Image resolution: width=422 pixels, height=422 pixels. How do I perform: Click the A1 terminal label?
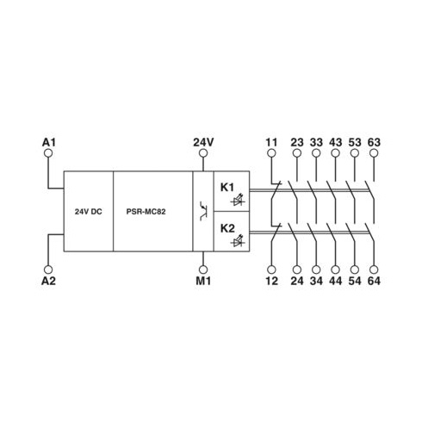(48, 142)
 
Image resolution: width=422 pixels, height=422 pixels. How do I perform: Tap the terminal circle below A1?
(48, 153)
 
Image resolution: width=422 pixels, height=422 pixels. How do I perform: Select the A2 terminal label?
(48, 281)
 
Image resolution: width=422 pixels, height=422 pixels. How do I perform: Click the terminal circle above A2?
(48, 270)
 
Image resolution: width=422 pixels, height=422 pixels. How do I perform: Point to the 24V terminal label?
(203, 142)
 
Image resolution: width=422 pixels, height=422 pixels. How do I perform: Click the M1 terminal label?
(203, 281)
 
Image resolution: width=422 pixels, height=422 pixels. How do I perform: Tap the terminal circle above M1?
(203, 270)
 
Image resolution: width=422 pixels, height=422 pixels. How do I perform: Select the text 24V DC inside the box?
(89, 212)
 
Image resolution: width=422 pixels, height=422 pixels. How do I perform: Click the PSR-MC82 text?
(146, 212)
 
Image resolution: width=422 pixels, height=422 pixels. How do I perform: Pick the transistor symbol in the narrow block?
(203, 211)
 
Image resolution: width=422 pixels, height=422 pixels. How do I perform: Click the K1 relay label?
(227, 188)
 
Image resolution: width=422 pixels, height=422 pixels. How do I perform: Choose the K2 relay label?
(227, 228)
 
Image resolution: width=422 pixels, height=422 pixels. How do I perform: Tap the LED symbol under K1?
(238, 201)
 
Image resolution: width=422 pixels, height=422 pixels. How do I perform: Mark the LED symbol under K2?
(238, 242)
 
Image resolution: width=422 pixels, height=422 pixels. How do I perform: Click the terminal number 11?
(271, 142)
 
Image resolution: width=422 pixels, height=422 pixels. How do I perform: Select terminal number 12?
(271, 281)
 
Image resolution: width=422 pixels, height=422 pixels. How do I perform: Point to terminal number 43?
(335, 142)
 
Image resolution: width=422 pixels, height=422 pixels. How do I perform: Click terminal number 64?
(374, 281)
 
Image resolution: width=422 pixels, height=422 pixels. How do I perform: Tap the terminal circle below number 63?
(374, 153)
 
